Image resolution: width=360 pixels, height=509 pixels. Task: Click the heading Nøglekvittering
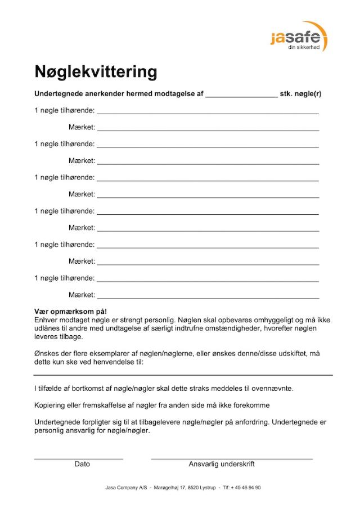point(96,72)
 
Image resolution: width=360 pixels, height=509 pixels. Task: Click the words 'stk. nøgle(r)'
point(300,93)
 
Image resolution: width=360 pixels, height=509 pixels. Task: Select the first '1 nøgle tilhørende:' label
point(64,110)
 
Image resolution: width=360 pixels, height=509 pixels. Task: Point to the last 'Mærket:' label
point(82,295)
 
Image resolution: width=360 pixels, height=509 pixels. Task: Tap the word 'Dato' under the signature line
point(82,464)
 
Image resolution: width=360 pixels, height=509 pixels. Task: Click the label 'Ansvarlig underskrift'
point(222,464)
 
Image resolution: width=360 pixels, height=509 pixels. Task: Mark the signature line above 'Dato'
point(78,459)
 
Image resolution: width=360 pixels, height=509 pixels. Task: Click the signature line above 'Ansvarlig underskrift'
point(231,459)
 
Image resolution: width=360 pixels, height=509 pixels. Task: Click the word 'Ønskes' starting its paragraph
point(48,354)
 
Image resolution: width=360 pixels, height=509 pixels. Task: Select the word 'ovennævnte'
point(273,389)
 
